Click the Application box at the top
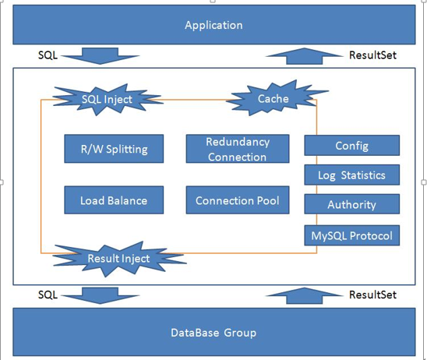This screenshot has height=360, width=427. [214, 25]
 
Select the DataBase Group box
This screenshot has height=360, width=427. [214, 332]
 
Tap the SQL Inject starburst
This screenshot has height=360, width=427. [107, 100]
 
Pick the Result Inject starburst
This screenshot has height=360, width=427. [119, 259]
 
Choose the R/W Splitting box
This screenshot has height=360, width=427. [114, 149]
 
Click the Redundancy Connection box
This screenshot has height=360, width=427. [238, 149]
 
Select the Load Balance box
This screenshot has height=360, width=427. [114, 200]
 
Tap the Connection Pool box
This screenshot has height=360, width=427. [238, 200]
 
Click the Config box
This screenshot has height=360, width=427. [352, 146]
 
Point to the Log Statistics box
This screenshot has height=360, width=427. [352, 175]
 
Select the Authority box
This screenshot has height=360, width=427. [352, 204]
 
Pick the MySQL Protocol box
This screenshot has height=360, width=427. [352, 235]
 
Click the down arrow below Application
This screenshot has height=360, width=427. [100, 56]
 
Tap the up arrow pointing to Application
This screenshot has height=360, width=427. [304, 56]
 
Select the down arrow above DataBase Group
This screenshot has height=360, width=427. [100, 296]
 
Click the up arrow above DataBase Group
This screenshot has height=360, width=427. [304, 296]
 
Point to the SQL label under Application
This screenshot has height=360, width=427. [48, 55]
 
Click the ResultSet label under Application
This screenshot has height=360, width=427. [372, 55]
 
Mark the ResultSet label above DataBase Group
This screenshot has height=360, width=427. [372, 295]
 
